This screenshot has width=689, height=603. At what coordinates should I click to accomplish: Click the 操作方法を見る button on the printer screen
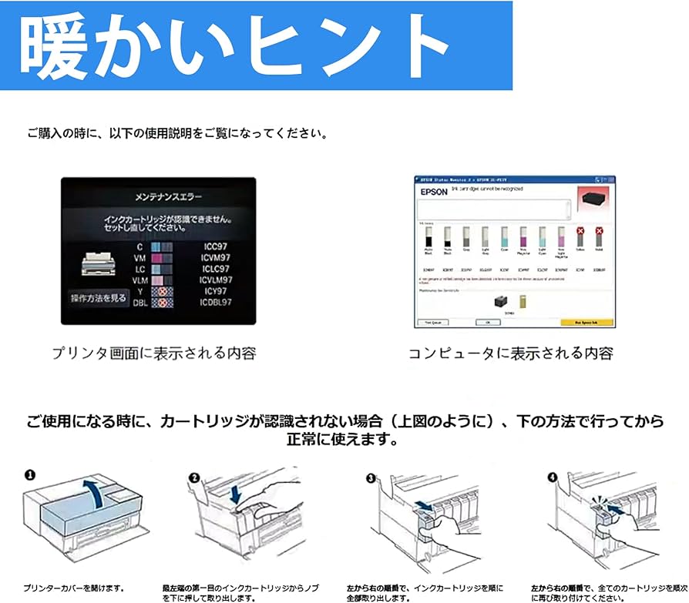tap(98, 298)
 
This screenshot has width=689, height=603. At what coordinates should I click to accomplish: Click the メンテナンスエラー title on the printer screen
tap(157, 196)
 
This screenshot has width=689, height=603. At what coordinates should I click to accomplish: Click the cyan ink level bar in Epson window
tap(504, 236)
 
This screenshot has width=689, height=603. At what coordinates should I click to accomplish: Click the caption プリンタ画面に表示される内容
tap(153, 353)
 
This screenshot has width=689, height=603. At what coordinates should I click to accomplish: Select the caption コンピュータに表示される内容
tap(511, 353)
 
